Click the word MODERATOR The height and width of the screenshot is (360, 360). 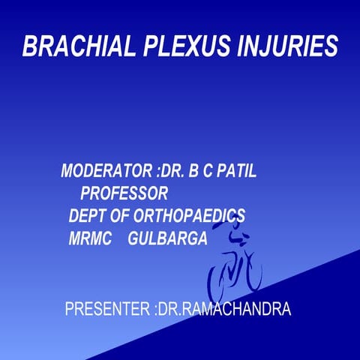106,172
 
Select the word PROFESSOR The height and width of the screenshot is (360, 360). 124,194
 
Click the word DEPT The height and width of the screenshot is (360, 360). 87,216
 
